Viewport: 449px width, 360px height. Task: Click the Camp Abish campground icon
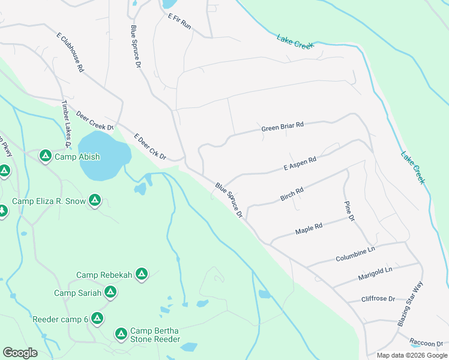[45, 157]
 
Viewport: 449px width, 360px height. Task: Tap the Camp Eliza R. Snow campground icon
[94, 201]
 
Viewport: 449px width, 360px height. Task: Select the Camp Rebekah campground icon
[142, 275]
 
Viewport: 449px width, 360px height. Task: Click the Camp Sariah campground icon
[110, 292]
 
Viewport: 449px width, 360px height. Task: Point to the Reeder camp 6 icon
[97, 319]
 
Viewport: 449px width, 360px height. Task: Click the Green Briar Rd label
[283, 127]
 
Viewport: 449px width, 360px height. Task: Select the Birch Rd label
[292, 194]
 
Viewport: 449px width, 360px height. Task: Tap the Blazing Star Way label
[411, 304]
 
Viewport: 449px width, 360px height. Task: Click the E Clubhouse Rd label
[70, 53]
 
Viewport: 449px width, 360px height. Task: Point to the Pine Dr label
[349, 212]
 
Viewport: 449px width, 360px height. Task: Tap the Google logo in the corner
[20, 352]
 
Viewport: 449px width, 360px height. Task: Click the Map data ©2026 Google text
[411, 355]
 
